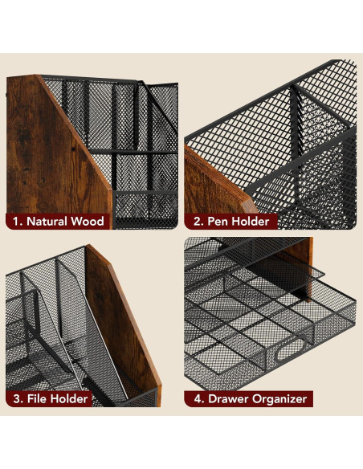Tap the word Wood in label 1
[x=89, y=220]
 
